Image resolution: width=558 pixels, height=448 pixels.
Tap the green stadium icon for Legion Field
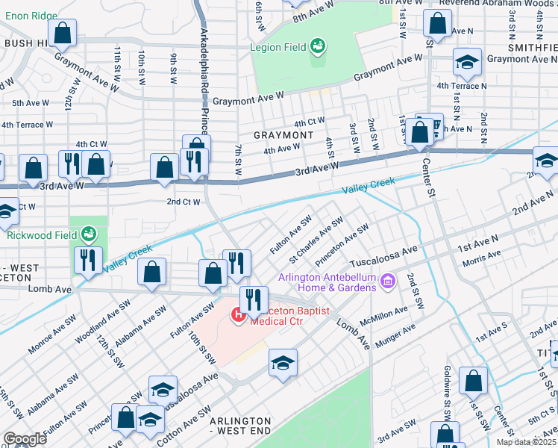pos(319,46)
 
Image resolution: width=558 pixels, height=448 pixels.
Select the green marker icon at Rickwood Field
pos(89,234)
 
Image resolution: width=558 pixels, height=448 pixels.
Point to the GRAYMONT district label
pos(283,135)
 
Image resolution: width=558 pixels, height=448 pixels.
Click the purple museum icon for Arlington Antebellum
pos(387,281)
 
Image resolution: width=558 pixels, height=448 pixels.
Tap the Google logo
pos(24,439)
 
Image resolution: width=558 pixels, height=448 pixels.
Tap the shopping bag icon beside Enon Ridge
pos(64,33)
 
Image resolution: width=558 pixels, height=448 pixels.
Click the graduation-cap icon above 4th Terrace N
pos(467,63)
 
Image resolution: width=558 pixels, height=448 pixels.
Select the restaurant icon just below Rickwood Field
pos(88,261)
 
